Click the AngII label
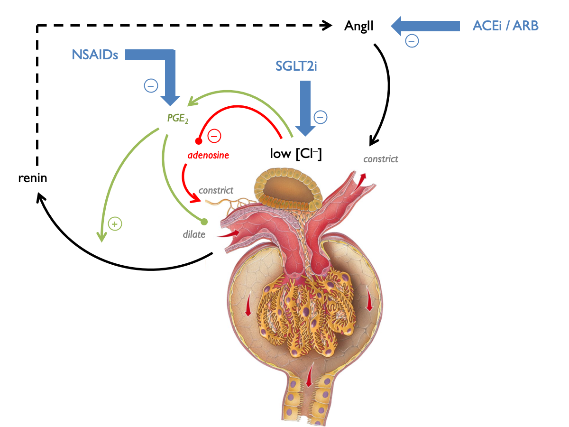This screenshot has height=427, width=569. [359, 26]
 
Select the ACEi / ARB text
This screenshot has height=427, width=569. [505, 26]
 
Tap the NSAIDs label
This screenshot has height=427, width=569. [95, 55]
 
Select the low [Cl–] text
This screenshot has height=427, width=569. [296, 154]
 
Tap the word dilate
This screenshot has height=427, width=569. [194, 234]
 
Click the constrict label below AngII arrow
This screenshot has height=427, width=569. [381, 159]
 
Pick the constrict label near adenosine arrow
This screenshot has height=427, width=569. [216, 190]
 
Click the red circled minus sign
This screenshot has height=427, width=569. [214, 136]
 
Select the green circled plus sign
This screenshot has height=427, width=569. [114, 223]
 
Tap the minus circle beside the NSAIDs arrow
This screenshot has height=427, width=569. [151, 86]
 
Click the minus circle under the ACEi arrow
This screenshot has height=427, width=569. [412, 41]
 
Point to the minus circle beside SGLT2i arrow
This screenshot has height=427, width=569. [321, 117]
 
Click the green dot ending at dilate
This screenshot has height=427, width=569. [204, 221]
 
